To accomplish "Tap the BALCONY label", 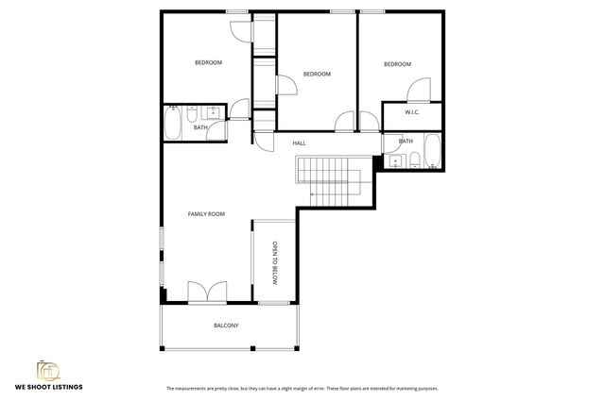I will [226, 326].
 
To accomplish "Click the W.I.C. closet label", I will [412, 113].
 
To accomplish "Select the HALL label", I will [299, 142].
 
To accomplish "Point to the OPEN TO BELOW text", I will [275, 263].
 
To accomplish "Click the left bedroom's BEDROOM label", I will [208, 63].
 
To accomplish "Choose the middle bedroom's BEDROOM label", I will [317, 74].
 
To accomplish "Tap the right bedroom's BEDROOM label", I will [397, 64].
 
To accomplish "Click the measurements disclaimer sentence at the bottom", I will [302, 388].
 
